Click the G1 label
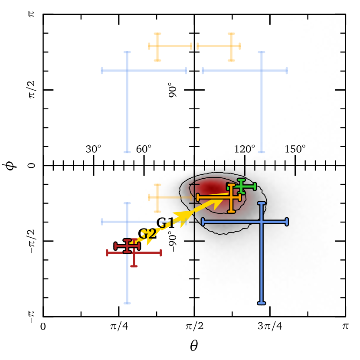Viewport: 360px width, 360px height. pos(165,223)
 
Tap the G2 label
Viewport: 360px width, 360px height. pos(147,234)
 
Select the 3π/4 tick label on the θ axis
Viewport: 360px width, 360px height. pos(270,326)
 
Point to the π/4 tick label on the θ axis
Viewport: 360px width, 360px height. pos(119,326)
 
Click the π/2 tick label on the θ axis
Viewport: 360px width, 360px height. pos(194,326)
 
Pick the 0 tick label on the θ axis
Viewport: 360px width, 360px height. pos(43,327)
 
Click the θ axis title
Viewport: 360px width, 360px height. pos(194,346)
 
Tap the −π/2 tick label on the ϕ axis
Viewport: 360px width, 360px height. pos(32,241)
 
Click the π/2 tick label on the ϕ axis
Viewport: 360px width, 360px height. pos(32,90)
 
